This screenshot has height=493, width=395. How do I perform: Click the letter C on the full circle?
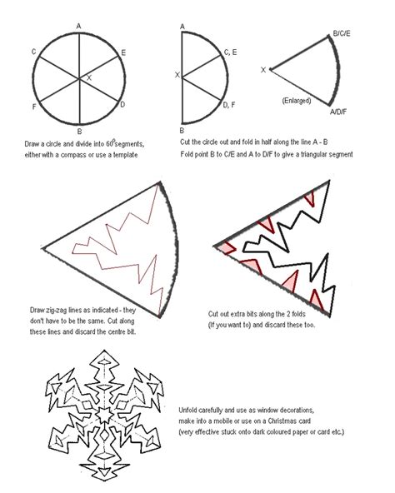[x=34, y=52]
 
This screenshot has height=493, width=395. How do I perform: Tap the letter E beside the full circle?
[x=123, y=52]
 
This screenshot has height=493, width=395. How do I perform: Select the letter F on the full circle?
[x=34, y=107]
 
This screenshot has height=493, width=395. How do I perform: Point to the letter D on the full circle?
[x=122, y=104]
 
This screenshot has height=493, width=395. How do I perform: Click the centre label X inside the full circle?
[x=89, y=77]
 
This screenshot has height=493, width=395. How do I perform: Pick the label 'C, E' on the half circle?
[x=230, y=52]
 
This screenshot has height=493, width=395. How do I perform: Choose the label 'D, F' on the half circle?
[x=229, y=105]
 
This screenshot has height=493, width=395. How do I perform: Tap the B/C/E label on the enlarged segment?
[x=342, y=33]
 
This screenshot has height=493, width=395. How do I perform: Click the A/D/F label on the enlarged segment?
[x=338, y=112]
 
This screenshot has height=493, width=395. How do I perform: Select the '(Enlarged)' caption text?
[x=297, y=101]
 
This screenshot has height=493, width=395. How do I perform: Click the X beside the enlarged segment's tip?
[x=263, y=70]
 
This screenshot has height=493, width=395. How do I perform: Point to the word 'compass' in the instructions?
[x=72, y=155]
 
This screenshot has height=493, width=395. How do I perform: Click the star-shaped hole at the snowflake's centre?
[x=104, y=415]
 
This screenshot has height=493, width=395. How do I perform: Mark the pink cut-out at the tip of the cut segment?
[x=227, y=247]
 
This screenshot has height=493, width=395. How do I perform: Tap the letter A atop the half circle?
[x=182, y=27]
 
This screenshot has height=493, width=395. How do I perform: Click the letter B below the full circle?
[x=79, y=132]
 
